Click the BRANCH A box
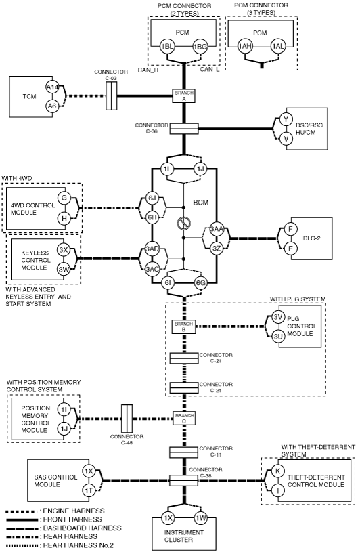point(183,95)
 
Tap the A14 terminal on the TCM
point(52,87)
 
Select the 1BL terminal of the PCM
point(166,47)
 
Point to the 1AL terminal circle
point(277,47)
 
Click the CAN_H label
point(148,70)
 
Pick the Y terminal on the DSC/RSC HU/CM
point(286,119)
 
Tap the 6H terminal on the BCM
point(152,217)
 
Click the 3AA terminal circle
point(217,229)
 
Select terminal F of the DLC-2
point(290,229)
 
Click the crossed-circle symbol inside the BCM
point(184,223)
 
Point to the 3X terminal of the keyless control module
point(64,251)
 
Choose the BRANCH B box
point(183,326)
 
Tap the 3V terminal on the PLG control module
point(278,317)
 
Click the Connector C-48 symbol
point(127,419)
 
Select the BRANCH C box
point(184,418)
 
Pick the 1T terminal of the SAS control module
point(89,490)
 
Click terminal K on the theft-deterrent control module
point(277,471)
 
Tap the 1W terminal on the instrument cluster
point(201,518)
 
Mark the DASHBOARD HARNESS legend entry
point(64,528)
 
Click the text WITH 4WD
point(16,179)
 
